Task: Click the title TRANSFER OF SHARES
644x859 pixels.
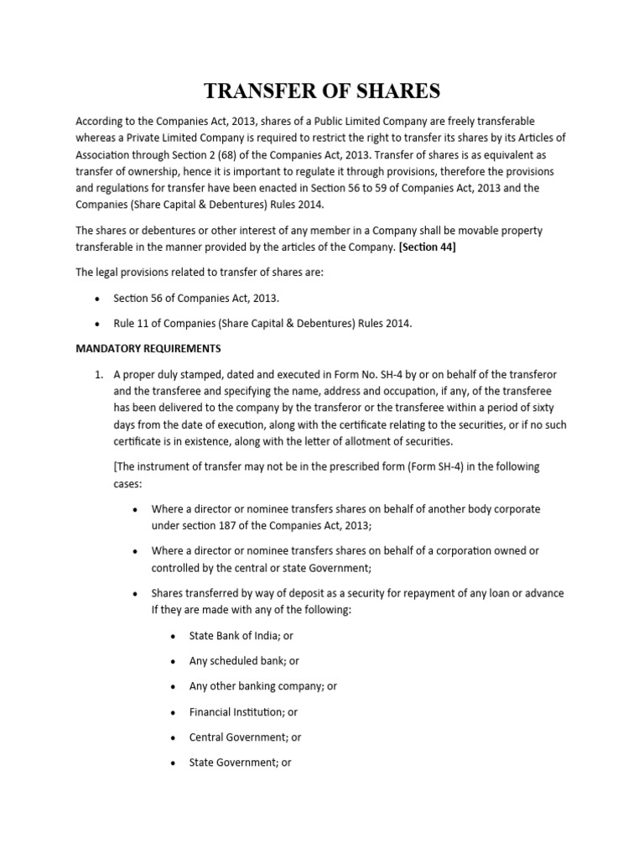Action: pyautogui.click(x=321, y=91)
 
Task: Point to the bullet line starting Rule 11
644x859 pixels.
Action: pyautogui.click(x=262, y=323)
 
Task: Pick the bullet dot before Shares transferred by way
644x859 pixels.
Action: pyautogui.click(x=137, y=594)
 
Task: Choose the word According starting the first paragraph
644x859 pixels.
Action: pyautogui.click(x=102, y=122)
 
